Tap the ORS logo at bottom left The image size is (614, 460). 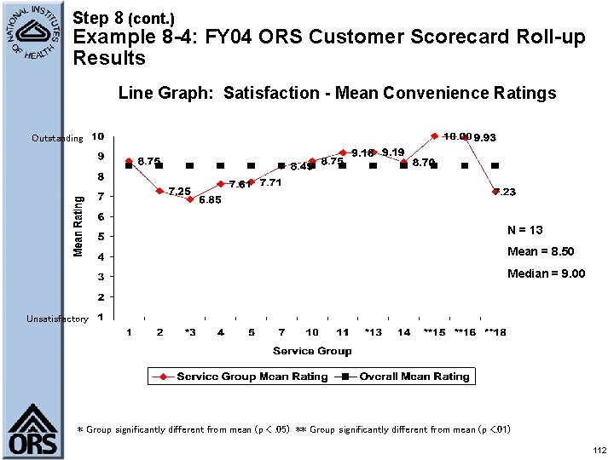[33, 431]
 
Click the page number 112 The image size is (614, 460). [599, 450]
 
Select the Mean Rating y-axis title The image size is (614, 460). [78, 225]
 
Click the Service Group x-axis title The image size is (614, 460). [312, 351]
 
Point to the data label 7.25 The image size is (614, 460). [179, 192]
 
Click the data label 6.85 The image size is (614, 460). [210, 200]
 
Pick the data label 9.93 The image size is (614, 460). [485, 137]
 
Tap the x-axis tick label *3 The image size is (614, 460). [189, 332]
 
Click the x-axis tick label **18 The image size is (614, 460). [495, 332]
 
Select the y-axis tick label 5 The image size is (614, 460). [101, 237]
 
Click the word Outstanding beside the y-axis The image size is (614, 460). [57, 138]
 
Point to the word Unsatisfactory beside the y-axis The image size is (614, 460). [57, 319]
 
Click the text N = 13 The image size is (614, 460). [524, 230]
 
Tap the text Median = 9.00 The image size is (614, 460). [546, 273]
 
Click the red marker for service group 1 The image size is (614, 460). [129, 161]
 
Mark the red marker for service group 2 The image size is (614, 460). [159, 191]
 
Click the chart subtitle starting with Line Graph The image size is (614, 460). [337, 93]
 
